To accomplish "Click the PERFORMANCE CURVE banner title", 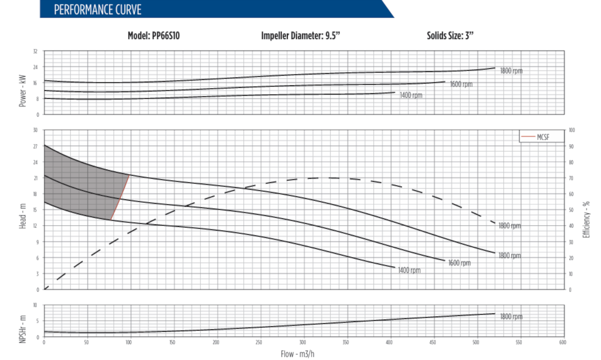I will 97,10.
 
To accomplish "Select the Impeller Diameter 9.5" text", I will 300,36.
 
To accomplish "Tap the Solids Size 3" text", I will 450,36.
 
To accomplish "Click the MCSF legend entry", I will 542,137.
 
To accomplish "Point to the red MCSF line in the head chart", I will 120,197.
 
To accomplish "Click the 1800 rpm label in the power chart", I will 511,71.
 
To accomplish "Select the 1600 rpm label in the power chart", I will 461,84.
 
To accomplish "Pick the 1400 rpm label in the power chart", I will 411,95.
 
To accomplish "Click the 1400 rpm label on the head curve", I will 409,270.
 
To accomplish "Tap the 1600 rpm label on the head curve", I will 459,263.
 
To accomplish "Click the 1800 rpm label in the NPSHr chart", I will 511,316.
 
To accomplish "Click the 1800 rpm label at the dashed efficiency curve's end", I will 509,226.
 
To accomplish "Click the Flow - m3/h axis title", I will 297,354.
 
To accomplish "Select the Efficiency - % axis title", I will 586,219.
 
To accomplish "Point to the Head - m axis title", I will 23,216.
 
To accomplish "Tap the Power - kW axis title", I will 23,91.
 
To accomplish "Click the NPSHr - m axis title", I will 23,329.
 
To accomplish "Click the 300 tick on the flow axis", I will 302,342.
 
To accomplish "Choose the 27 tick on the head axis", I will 35,146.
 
